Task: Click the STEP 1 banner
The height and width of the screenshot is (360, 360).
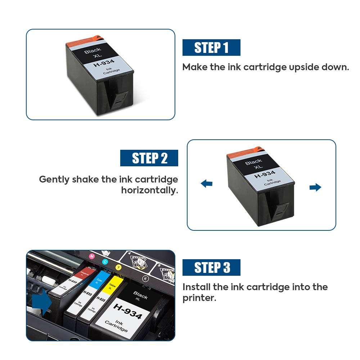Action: pos(211,48)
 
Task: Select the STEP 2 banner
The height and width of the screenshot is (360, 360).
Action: pos(149,158)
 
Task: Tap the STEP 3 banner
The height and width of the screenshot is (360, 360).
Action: pos(211,268)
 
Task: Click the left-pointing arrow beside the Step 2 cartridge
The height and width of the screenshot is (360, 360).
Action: pos(207,184)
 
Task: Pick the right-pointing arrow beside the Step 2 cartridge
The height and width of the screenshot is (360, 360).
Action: pos(315,187)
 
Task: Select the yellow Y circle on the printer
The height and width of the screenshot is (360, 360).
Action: pos(119,267)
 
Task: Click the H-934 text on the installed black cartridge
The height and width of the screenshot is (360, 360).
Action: pos(127,311)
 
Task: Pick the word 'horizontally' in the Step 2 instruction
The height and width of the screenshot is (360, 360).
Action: pos(149,190)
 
